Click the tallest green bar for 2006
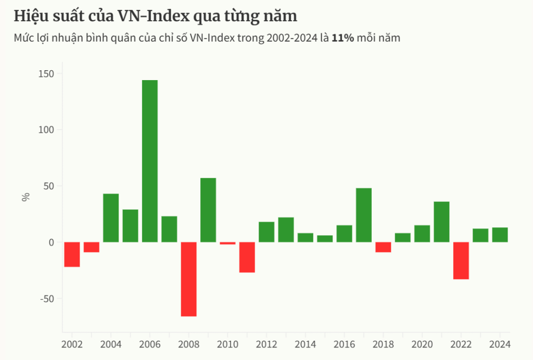pyautogui.click(x=150, y=161)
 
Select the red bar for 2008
pyautogui.click(x=188, y=279)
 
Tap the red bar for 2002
pyautogui.click(x=72, y=254)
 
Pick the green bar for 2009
pyautogui.click(x=208, y=210)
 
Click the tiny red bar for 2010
pyautogui.click(x=227, y=243)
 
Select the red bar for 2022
pyautogui.click(x=461, y=261)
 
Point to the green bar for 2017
pyautogui.click(x=364, y=215)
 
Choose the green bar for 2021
pyautogui.click(x=441, y=222)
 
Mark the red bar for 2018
pyautogui.click(x=383, y=247)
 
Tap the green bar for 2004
pyautogui.click(x=111, y=218)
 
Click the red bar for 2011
pyautogui.click(x=247, y=258)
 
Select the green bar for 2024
pyautogui.click(x=500, y=235)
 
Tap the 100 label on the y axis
pyautogui.click(x=46, y=130)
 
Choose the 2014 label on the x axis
pyautogui.click(x=306, y=344)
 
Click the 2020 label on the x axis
pyautogui.click(x=422, y=344)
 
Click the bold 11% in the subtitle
pyautogui.click(x=343, y=38)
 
